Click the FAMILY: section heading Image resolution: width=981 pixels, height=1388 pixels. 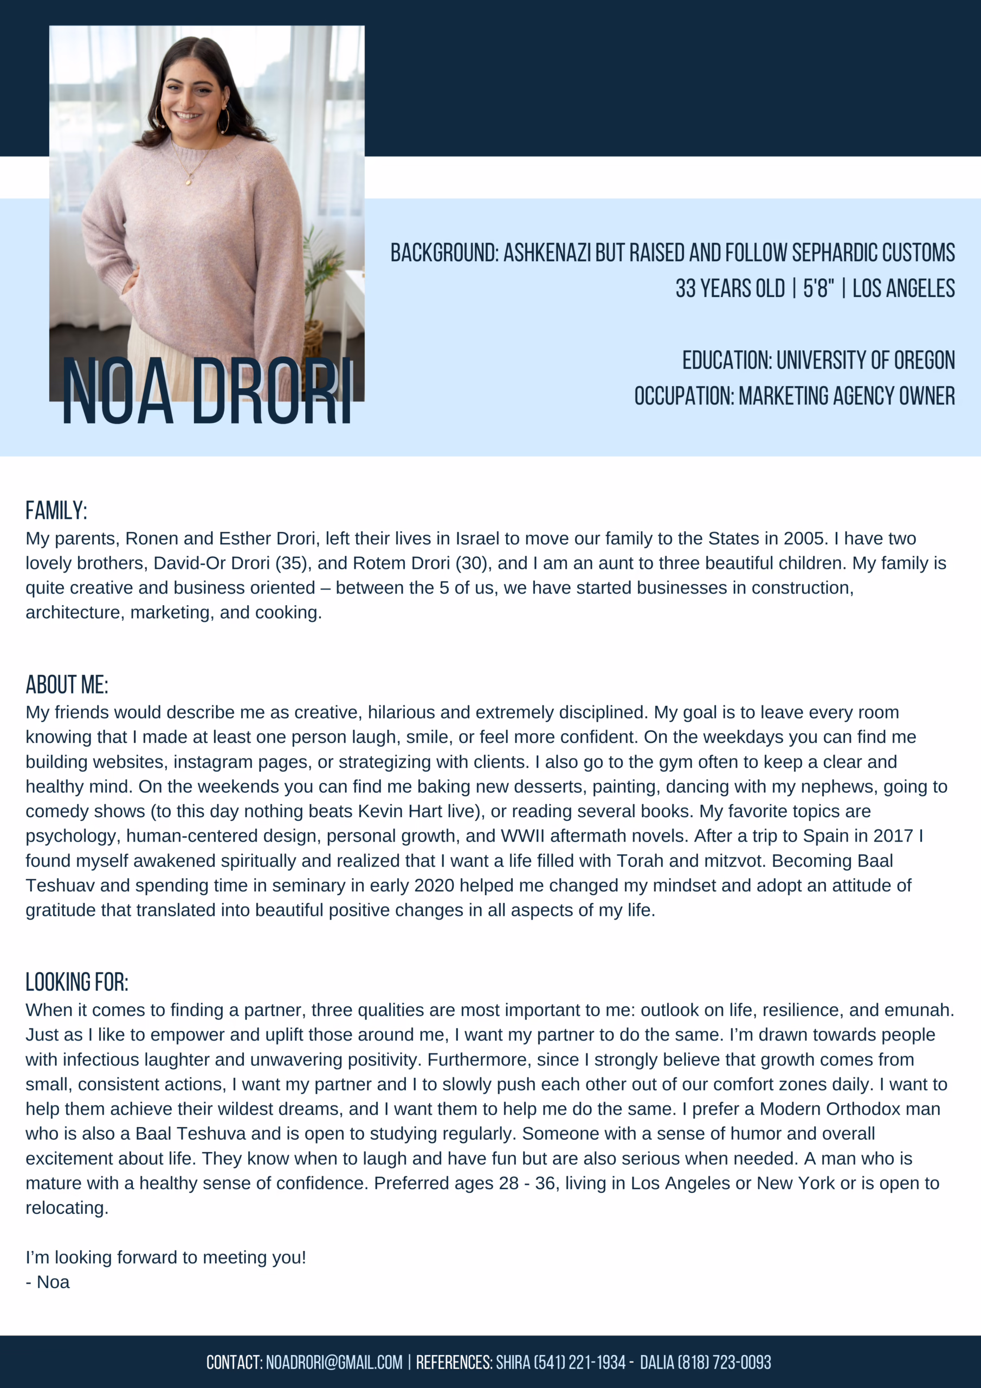pos(56,511)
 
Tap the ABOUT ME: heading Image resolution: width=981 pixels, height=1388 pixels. pos(67,685)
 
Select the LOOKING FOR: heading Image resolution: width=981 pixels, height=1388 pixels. pos(77,982)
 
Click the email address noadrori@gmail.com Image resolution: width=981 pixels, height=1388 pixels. pos(334,1362)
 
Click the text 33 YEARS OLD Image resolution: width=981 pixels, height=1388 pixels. pos(730,288)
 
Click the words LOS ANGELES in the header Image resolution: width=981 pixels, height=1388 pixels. pos(903,288)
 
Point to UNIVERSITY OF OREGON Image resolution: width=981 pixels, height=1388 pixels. pos(865,361)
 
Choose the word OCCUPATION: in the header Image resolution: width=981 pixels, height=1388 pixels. pos(684,396)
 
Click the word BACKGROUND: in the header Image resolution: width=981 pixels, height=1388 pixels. pos(444,253)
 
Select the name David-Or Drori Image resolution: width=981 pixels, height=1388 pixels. pos(211,563)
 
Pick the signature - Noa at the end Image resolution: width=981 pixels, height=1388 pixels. pos(48,1282)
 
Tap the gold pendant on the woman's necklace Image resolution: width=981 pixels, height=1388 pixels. pos(189,179)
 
